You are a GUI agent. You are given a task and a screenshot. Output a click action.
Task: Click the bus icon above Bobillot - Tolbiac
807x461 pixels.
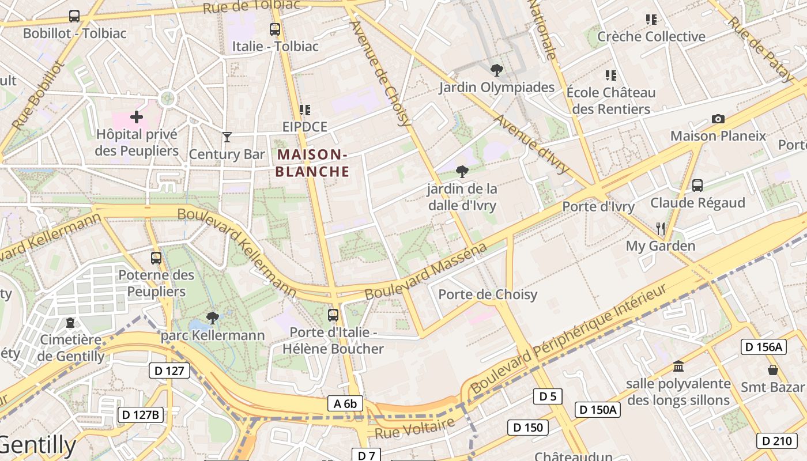(74, 16)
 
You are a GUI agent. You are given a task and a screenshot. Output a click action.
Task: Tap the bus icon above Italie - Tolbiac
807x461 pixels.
(275, 29)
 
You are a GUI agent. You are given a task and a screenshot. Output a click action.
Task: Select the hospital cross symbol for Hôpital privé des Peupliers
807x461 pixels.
(137, 118)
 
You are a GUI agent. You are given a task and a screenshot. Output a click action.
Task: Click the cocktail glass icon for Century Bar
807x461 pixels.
(227, 137)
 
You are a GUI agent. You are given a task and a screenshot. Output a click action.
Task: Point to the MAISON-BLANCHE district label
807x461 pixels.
(312, 163)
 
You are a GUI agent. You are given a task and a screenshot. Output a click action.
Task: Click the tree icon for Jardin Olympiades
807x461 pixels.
(496, 71)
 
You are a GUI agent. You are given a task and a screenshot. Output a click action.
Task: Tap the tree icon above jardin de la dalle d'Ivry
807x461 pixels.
(462, 171)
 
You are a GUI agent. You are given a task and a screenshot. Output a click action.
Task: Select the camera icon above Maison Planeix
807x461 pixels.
(718, 119)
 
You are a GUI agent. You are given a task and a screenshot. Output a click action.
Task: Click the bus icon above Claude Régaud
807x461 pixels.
(697, 186)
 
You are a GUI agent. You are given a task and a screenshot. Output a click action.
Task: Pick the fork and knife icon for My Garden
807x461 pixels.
(661, 229)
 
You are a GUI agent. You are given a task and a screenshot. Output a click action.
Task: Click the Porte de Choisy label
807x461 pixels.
(488, 295)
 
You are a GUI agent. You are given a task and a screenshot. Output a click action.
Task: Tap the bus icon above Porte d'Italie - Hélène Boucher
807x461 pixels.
(333, 315)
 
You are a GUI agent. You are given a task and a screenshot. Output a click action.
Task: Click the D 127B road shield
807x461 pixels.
(141, 415)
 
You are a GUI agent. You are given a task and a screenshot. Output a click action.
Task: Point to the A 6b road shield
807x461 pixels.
(345, 404)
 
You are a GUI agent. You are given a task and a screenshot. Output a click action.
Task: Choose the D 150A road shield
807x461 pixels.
(598, 410)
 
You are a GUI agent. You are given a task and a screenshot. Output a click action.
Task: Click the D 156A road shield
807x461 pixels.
(764, 347)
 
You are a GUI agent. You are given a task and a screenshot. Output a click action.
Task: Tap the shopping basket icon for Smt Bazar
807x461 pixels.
(772, 370)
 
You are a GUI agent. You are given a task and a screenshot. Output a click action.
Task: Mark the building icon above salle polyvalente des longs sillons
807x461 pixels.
(678, 366)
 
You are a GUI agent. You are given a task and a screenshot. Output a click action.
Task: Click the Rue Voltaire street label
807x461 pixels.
(414, 428)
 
